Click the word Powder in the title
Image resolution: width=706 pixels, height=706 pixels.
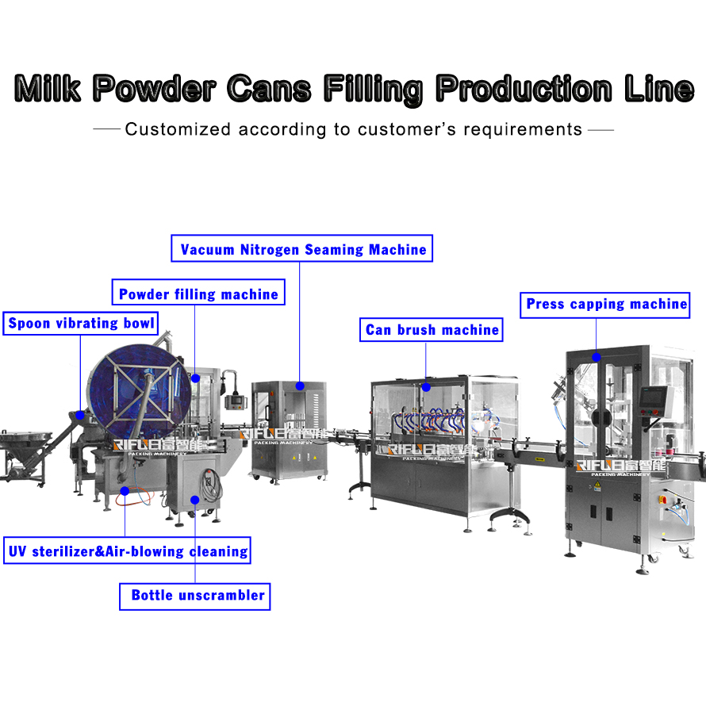pos(154,87)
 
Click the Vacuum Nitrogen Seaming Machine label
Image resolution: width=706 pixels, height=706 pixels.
pos(303,249)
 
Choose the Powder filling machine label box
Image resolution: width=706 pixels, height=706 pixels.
pos(198,294)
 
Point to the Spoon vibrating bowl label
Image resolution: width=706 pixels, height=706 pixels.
pos(82,323)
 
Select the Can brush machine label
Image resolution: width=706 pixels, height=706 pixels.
pos(432,329)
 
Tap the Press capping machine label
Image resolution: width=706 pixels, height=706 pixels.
pos(606,304)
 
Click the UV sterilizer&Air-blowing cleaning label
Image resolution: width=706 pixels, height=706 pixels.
pos(128,551)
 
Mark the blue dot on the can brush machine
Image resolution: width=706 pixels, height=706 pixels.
pos(426,388)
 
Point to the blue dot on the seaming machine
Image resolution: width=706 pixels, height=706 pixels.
pos(300,386)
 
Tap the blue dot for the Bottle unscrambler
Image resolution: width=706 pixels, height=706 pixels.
pos(195,500)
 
